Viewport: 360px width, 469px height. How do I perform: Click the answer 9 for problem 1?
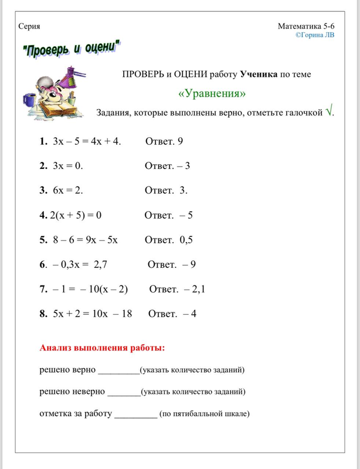[x=181, y=142]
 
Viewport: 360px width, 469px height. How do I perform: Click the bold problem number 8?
[x=43, y=314]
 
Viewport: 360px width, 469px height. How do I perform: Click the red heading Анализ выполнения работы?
[x=102, y=348]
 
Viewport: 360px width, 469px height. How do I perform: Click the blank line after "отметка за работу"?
[x=135, y=414]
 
